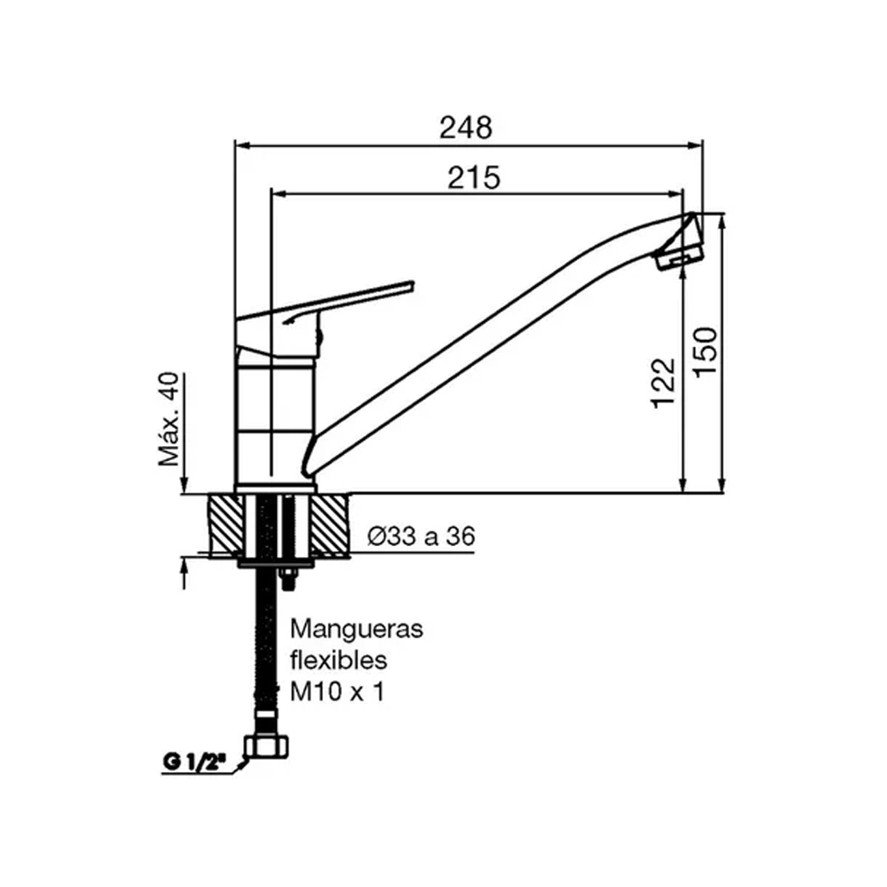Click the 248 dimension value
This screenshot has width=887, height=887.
[466, 128]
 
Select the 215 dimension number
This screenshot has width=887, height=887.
[474, 177]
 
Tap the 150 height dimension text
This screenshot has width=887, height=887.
[705, 352]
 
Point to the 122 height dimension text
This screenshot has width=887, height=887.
[663, 383]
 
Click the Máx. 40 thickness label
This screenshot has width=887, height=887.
[168, 419]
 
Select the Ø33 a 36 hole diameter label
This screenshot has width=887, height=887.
[421, 535]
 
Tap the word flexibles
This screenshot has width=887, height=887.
[338, 660]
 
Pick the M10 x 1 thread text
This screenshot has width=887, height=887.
[338, 692]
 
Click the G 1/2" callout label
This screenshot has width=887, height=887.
[194, 762]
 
